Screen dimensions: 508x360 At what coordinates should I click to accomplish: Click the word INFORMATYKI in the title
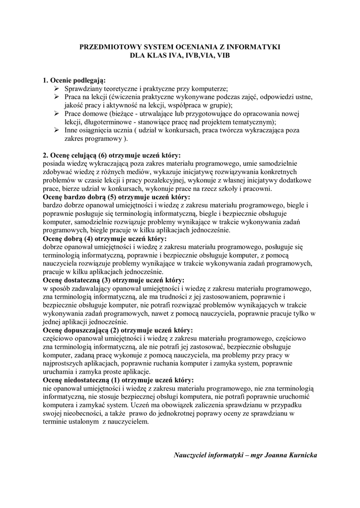(x=255, y=47)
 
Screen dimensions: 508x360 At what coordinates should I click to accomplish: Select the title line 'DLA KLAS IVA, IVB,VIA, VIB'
(x=180, y=56)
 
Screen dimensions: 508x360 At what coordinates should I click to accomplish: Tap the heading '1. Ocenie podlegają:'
(x=74, y=79)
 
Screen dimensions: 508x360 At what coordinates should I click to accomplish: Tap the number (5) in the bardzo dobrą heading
(x=115, y=197)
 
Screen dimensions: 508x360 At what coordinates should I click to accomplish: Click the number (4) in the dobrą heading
(x=89, y=239)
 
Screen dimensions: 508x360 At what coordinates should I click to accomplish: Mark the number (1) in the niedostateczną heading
(x=115, y=381)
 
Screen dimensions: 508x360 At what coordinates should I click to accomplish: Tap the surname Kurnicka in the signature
(x=300, y=454)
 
